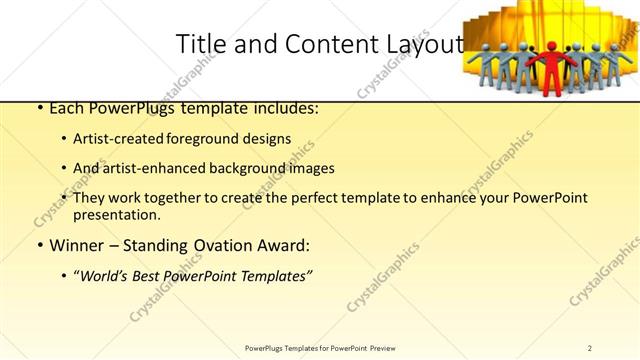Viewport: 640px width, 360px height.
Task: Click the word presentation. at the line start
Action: click(116, 214)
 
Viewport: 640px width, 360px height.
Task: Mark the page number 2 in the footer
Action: click(590, 347)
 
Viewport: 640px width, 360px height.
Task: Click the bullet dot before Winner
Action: click(38, 245)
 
